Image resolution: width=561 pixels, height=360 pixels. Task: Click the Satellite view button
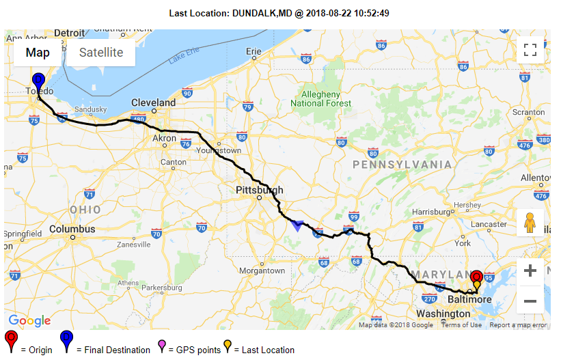101,53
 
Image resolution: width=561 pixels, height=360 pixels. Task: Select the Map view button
38,53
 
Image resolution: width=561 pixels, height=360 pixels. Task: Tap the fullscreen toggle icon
530,50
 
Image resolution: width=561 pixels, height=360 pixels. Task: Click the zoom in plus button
530,271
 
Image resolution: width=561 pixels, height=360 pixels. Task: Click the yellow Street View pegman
530,223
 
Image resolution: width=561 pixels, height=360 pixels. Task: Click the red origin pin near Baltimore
476,277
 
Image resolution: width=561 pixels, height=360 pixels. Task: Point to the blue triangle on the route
297,225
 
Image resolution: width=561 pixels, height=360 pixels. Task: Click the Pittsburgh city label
259,190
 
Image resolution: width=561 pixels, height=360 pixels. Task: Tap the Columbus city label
72,229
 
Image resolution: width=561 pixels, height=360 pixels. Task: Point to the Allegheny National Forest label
321,99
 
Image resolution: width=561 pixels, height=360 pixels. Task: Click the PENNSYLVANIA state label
402,165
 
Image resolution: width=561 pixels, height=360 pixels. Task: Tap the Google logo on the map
29,321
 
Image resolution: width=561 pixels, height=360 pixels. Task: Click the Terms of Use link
461,325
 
